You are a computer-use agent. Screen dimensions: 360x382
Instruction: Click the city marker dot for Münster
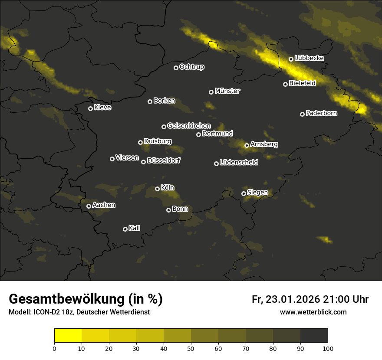(211, 92)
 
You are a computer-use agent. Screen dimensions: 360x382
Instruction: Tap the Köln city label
(168, 188)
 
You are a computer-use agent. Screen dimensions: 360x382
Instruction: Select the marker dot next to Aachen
(89, 206)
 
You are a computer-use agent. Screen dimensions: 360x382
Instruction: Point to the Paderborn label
(321, 113)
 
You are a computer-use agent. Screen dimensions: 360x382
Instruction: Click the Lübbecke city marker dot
(291, 59)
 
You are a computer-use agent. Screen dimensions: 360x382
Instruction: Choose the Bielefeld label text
(302, 83)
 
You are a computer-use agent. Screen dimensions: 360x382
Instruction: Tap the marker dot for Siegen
(244, 193)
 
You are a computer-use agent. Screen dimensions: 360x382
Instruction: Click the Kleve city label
(102, 108)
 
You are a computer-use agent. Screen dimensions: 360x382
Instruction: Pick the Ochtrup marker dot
(176, 68)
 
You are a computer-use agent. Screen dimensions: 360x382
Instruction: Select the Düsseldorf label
(164, 160)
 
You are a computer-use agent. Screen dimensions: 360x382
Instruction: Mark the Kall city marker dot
(125, 229)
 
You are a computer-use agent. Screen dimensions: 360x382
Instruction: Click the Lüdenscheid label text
(239, 163)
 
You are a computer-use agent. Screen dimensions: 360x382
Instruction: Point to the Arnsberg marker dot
(247, 145)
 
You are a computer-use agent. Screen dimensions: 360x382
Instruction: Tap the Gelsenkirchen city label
(189, 126)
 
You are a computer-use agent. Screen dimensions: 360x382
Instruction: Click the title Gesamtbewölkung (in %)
(86, 299)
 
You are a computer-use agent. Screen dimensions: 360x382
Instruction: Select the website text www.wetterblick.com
(313, 312)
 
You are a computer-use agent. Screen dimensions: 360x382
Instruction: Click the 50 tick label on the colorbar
(191, 348)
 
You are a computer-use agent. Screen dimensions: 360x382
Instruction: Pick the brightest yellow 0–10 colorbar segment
(68, 335)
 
